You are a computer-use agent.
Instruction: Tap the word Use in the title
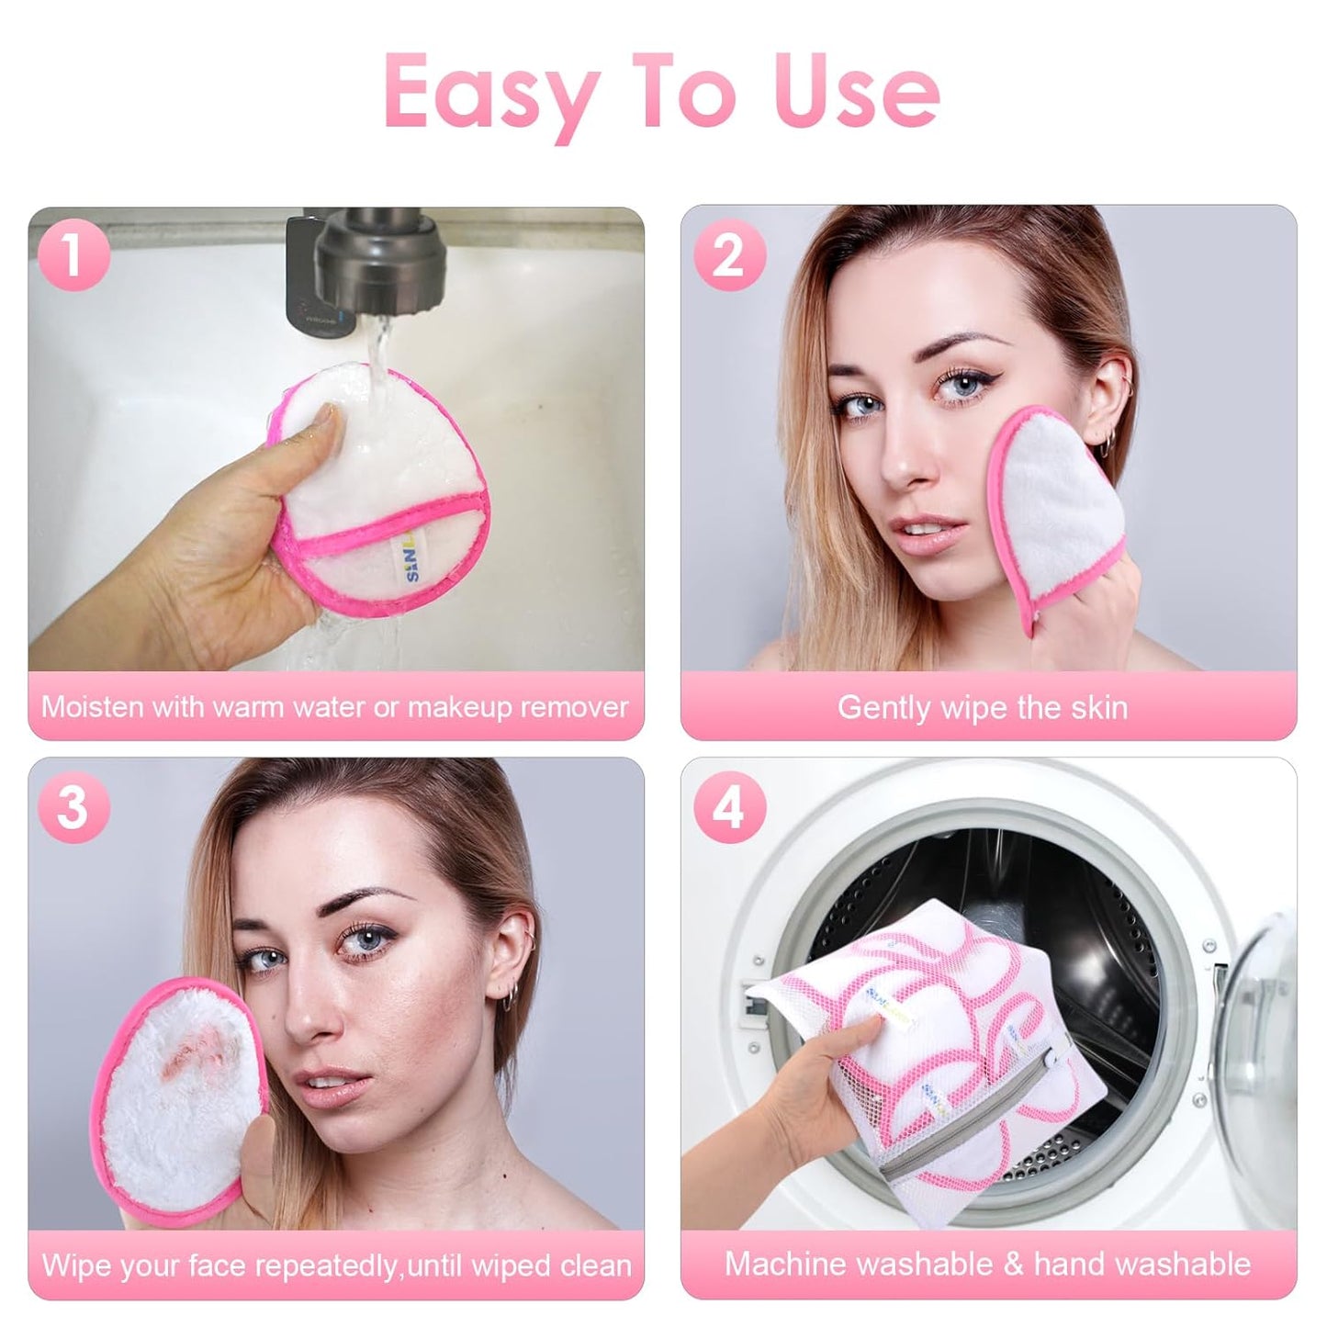[x=857, y=91]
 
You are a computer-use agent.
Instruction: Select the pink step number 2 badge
[x=729, y=257]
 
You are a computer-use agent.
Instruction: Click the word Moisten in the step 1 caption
[x=92, y=707]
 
